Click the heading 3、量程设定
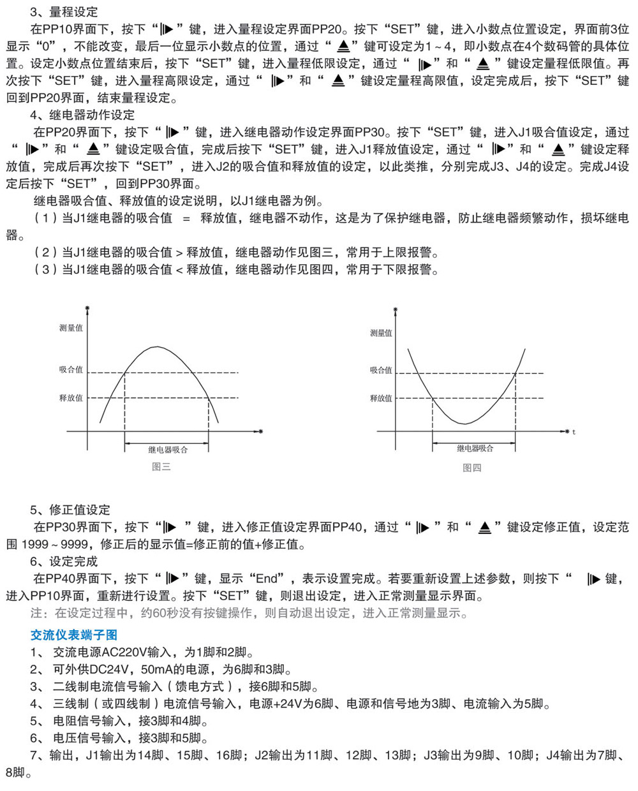tap(64, 11)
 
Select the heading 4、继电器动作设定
tap(82, 115)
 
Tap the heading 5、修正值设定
tap(70, 510)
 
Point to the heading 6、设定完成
tap(64, 561)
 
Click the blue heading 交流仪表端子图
tap(74, 635)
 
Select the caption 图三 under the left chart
tap(161, 467)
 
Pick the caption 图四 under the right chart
tap(472, 468)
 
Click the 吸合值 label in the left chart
tap(71, 369)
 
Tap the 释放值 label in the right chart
tap(381, 398)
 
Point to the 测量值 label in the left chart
tap(71, 328)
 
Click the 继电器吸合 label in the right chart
tap(475, 448)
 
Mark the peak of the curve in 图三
tap(158, 346)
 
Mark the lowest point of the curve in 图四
tap(465, 424)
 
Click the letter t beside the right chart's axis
tap(574, 432)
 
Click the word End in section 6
tap(267, 579)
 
